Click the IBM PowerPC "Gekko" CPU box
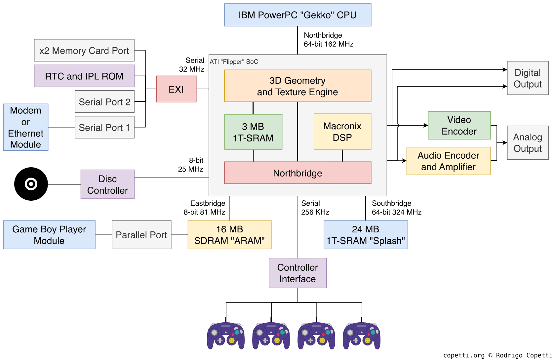(x=297, y=15)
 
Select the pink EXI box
(x=176, y=89)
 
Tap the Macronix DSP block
(x=342, y=132)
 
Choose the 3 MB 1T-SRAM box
(x=253, y=132)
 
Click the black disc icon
(x=31, y=184)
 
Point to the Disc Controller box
(x=107, y=184)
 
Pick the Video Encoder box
(x=459, y=125)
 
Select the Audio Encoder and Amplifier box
(x=448, y=161)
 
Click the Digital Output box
(x=528, y=78)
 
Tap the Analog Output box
(x=528, y=142)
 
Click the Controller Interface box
(x=297, y=273)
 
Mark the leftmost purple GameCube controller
(x=226, y=336)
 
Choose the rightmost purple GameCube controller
(x=362, y=336)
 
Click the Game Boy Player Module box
(x=49, y=235)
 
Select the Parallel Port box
(x=141, y=235)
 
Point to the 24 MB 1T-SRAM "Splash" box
(x=366, y=235)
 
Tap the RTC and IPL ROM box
(x=84, y=76)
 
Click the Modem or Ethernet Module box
(x=26, y=127)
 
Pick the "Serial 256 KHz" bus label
(x=315, y=208)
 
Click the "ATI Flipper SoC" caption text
(x=234, y=62)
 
